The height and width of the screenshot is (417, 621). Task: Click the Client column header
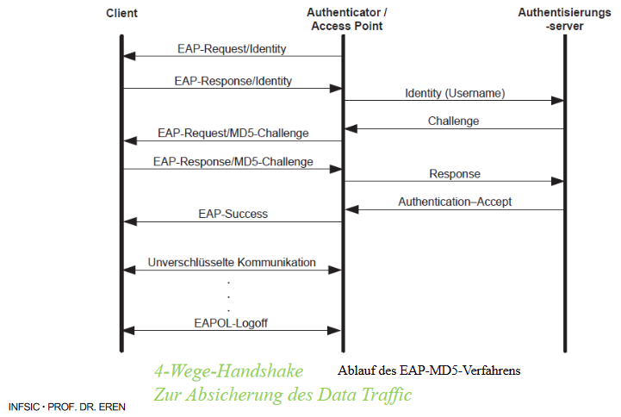click(x=121, y=15)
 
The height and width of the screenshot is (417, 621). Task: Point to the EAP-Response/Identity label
click(x=233, y=81)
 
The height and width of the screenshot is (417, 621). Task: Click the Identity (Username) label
click(x=455, y=93)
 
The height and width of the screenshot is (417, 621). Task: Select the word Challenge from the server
click(x=453, y=121)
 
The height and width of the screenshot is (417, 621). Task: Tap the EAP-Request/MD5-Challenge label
click(x=233, y=134)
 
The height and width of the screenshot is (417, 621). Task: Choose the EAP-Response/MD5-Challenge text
click(x=233, y=162)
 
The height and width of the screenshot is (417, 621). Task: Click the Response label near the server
click(x=455, y=174)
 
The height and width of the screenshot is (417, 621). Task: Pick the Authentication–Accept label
click(x=455, y=202)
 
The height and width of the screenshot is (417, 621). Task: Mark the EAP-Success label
click(x=233, y=214)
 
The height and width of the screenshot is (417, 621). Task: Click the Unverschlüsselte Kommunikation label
click(x=232, y=262)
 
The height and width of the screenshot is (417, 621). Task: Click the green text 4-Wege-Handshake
click(x=228, y=371)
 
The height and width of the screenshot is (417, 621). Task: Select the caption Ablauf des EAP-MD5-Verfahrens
click(x=430, y=371)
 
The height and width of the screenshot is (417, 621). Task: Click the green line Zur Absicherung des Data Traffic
click(x=283, y=395)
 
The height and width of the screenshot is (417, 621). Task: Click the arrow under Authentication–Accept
click(x=455, y=209)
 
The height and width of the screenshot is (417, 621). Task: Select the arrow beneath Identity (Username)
click(x=455, y=101)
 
